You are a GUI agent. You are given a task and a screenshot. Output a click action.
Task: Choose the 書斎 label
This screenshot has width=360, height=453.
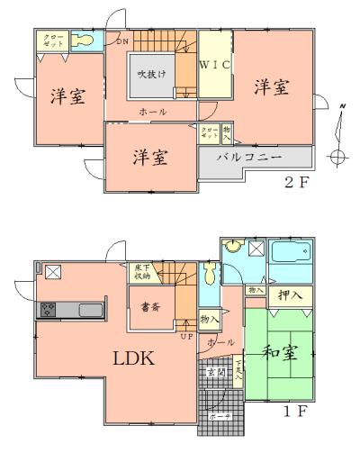pyautogui.click(x=151, y=307)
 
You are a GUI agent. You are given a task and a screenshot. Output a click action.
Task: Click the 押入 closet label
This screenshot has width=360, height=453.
pyautogui.click(x=289, y=294)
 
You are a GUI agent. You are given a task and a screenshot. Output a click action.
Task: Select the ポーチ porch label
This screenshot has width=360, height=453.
pyautogui.click(x=216, y=416)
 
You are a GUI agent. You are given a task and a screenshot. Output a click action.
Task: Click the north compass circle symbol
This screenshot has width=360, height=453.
pyautogui.click(x=337, y=156)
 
